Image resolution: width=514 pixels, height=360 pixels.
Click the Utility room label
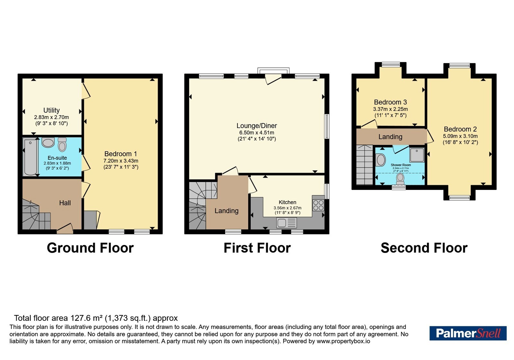[x=51, y=110]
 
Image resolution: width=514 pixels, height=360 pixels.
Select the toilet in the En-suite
[x=62, y=144]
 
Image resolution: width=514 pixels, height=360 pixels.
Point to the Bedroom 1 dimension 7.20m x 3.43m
[x=121, y=161]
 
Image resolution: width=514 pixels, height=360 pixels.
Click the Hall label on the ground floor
[x=65, y=203]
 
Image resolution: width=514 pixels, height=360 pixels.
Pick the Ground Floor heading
[x=90, y=248]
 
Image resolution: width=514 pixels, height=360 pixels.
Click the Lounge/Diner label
[x=257, y=126]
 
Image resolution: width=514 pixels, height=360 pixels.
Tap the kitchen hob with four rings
[x=318, y=205]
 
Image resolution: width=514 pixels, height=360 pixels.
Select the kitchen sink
[x=287, y=222]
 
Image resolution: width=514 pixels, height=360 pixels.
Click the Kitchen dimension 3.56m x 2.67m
[x=288, y=208]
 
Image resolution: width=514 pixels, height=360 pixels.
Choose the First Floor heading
[x=257, y=248]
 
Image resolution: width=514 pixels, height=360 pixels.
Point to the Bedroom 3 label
[x=390, y=102]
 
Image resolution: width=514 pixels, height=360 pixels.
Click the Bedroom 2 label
[x=460, y=129]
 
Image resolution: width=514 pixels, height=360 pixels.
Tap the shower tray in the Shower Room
[x=417, y=155]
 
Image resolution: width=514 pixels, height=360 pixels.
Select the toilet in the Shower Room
[x=400, y=179]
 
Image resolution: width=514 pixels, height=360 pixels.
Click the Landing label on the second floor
[x=390, y=137]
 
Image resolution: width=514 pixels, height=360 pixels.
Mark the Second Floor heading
[x=424, y=248]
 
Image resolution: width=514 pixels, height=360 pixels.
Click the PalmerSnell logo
[x=468, y=333]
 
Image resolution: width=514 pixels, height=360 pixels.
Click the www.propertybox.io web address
[x=343, y=341]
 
